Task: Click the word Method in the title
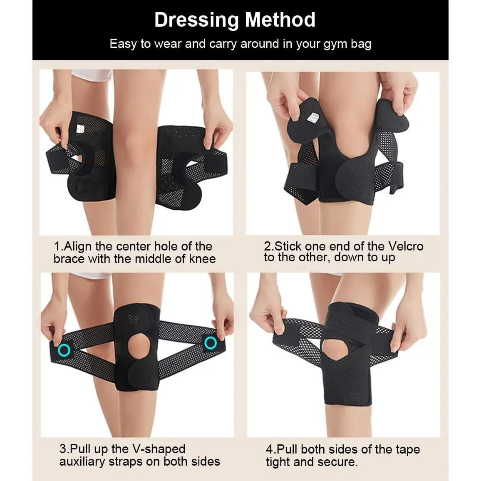(x=280, y=20)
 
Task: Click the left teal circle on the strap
(x=64, y=350)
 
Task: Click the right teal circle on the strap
(x=211, y=343)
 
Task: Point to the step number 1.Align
(x=72, y=247)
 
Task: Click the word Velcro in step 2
(x=406, y=246)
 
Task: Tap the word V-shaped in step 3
(x=159, y=449)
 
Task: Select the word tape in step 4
(x=408, y=450)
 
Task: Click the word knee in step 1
(x=202, y=259)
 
